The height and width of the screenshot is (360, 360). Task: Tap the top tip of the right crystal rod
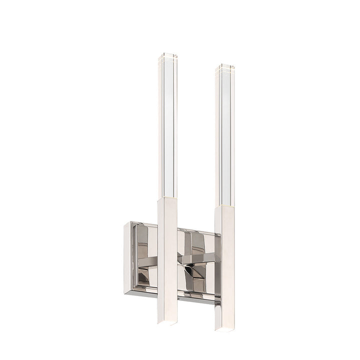(225, 66)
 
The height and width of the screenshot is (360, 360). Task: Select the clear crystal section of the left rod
(167, 125)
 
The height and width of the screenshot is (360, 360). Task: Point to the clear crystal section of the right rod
(225, 135)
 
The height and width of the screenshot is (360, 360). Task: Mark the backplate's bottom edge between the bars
(196, 299)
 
